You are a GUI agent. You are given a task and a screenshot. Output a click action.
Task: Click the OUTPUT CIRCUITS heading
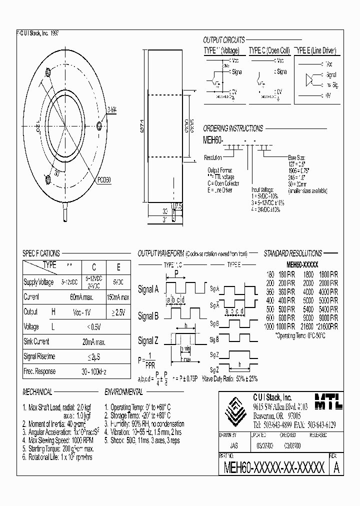click(223, 40)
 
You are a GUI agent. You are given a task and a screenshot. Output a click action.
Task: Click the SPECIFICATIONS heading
click(41, 253)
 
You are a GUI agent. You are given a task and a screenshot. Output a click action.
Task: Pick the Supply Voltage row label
click(38, 282)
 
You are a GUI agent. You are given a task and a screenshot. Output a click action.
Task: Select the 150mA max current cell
click(118, 297)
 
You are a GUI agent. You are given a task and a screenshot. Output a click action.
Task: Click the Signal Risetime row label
click(39, 356)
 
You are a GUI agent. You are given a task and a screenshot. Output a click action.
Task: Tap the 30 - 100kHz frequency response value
click(94, 371)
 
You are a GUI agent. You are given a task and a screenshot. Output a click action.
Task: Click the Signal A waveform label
click(148, 289)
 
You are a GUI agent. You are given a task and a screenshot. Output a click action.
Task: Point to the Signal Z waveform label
click(148, 341)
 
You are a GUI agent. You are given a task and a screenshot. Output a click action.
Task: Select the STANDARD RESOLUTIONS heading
click(292, 253)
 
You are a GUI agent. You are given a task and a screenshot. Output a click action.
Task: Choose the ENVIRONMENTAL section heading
click(123, 391)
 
